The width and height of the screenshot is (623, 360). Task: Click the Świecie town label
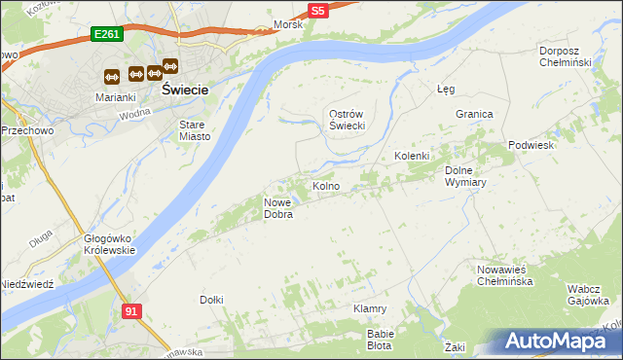pyautogui.click(x=186, y=89)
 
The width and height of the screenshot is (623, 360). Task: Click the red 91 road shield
pyautogui.click(x=131, y=310)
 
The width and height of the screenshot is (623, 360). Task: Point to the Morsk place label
pyautogui.click(x=288, y=24)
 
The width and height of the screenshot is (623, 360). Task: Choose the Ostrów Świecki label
pyautogui.click(x=345, y=121)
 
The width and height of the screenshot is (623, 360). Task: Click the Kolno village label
pyautogui.click(x=325, y=186)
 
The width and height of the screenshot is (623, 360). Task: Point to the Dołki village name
pyautogui.click(x=211, y=300)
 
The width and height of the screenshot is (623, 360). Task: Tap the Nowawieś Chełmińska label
pyautogui.click(x=504, y=275)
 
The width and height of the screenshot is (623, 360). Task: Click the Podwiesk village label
pyautogui.click(x=531, y=145)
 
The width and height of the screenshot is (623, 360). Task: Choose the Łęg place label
pyautogui.click(x=446, y=89)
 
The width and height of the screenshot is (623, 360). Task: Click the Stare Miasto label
pyautogui.click(x=196, y=130)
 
